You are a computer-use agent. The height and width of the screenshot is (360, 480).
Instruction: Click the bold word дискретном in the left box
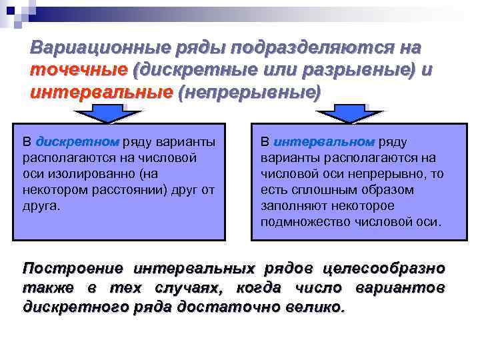click(x=77, y=142)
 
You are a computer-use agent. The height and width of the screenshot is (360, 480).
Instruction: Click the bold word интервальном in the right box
click(x=324, y=142)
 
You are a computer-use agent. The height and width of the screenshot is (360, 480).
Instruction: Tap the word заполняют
click(x=290, y=206)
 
